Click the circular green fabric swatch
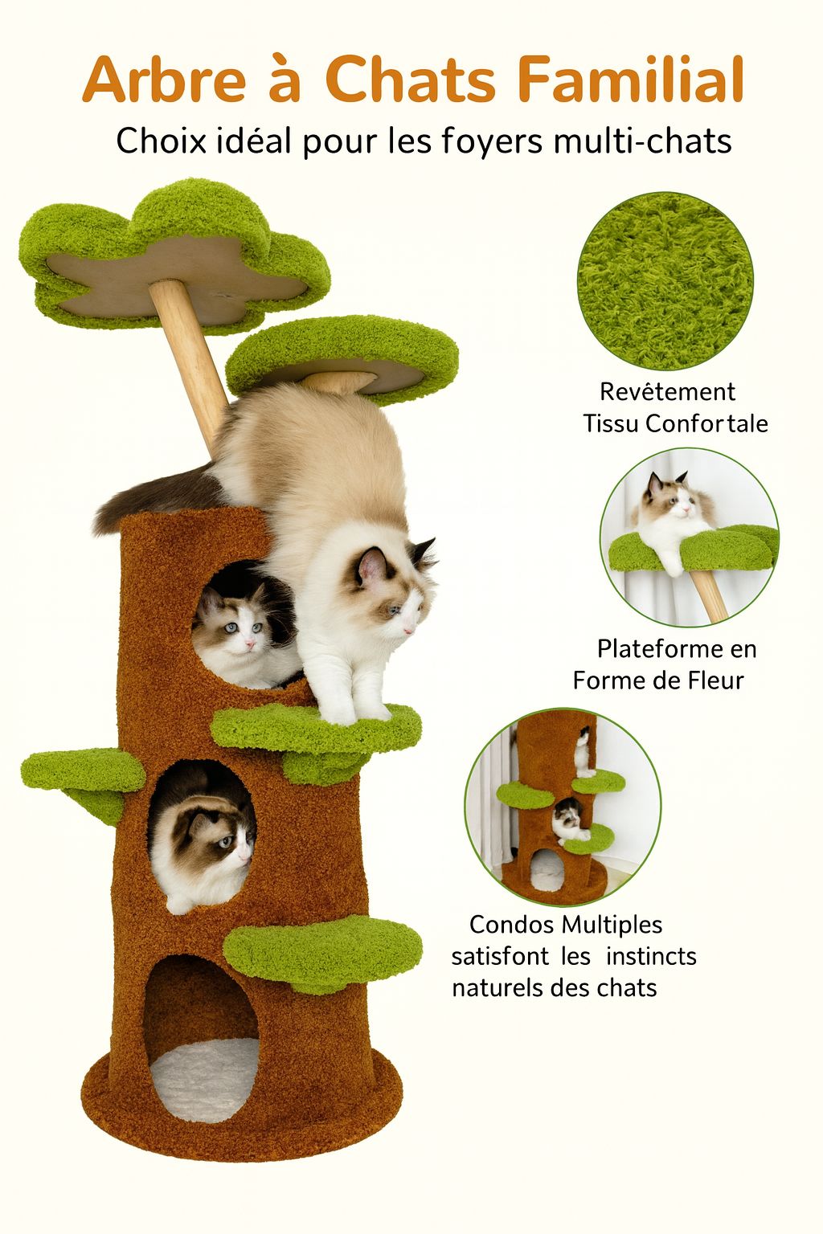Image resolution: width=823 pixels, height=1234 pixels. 665,280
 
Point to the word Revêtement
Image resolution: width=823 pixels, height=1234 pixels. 667,391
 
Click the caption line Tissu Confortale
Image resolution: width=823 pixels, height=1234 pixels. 675,423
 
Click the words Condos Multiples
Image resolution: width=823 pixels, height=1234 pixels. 566,925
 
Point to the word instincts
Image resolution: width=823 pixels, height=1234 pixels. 651,956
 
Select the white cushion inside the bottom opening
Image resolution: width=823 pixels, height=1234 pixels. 206,1077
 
